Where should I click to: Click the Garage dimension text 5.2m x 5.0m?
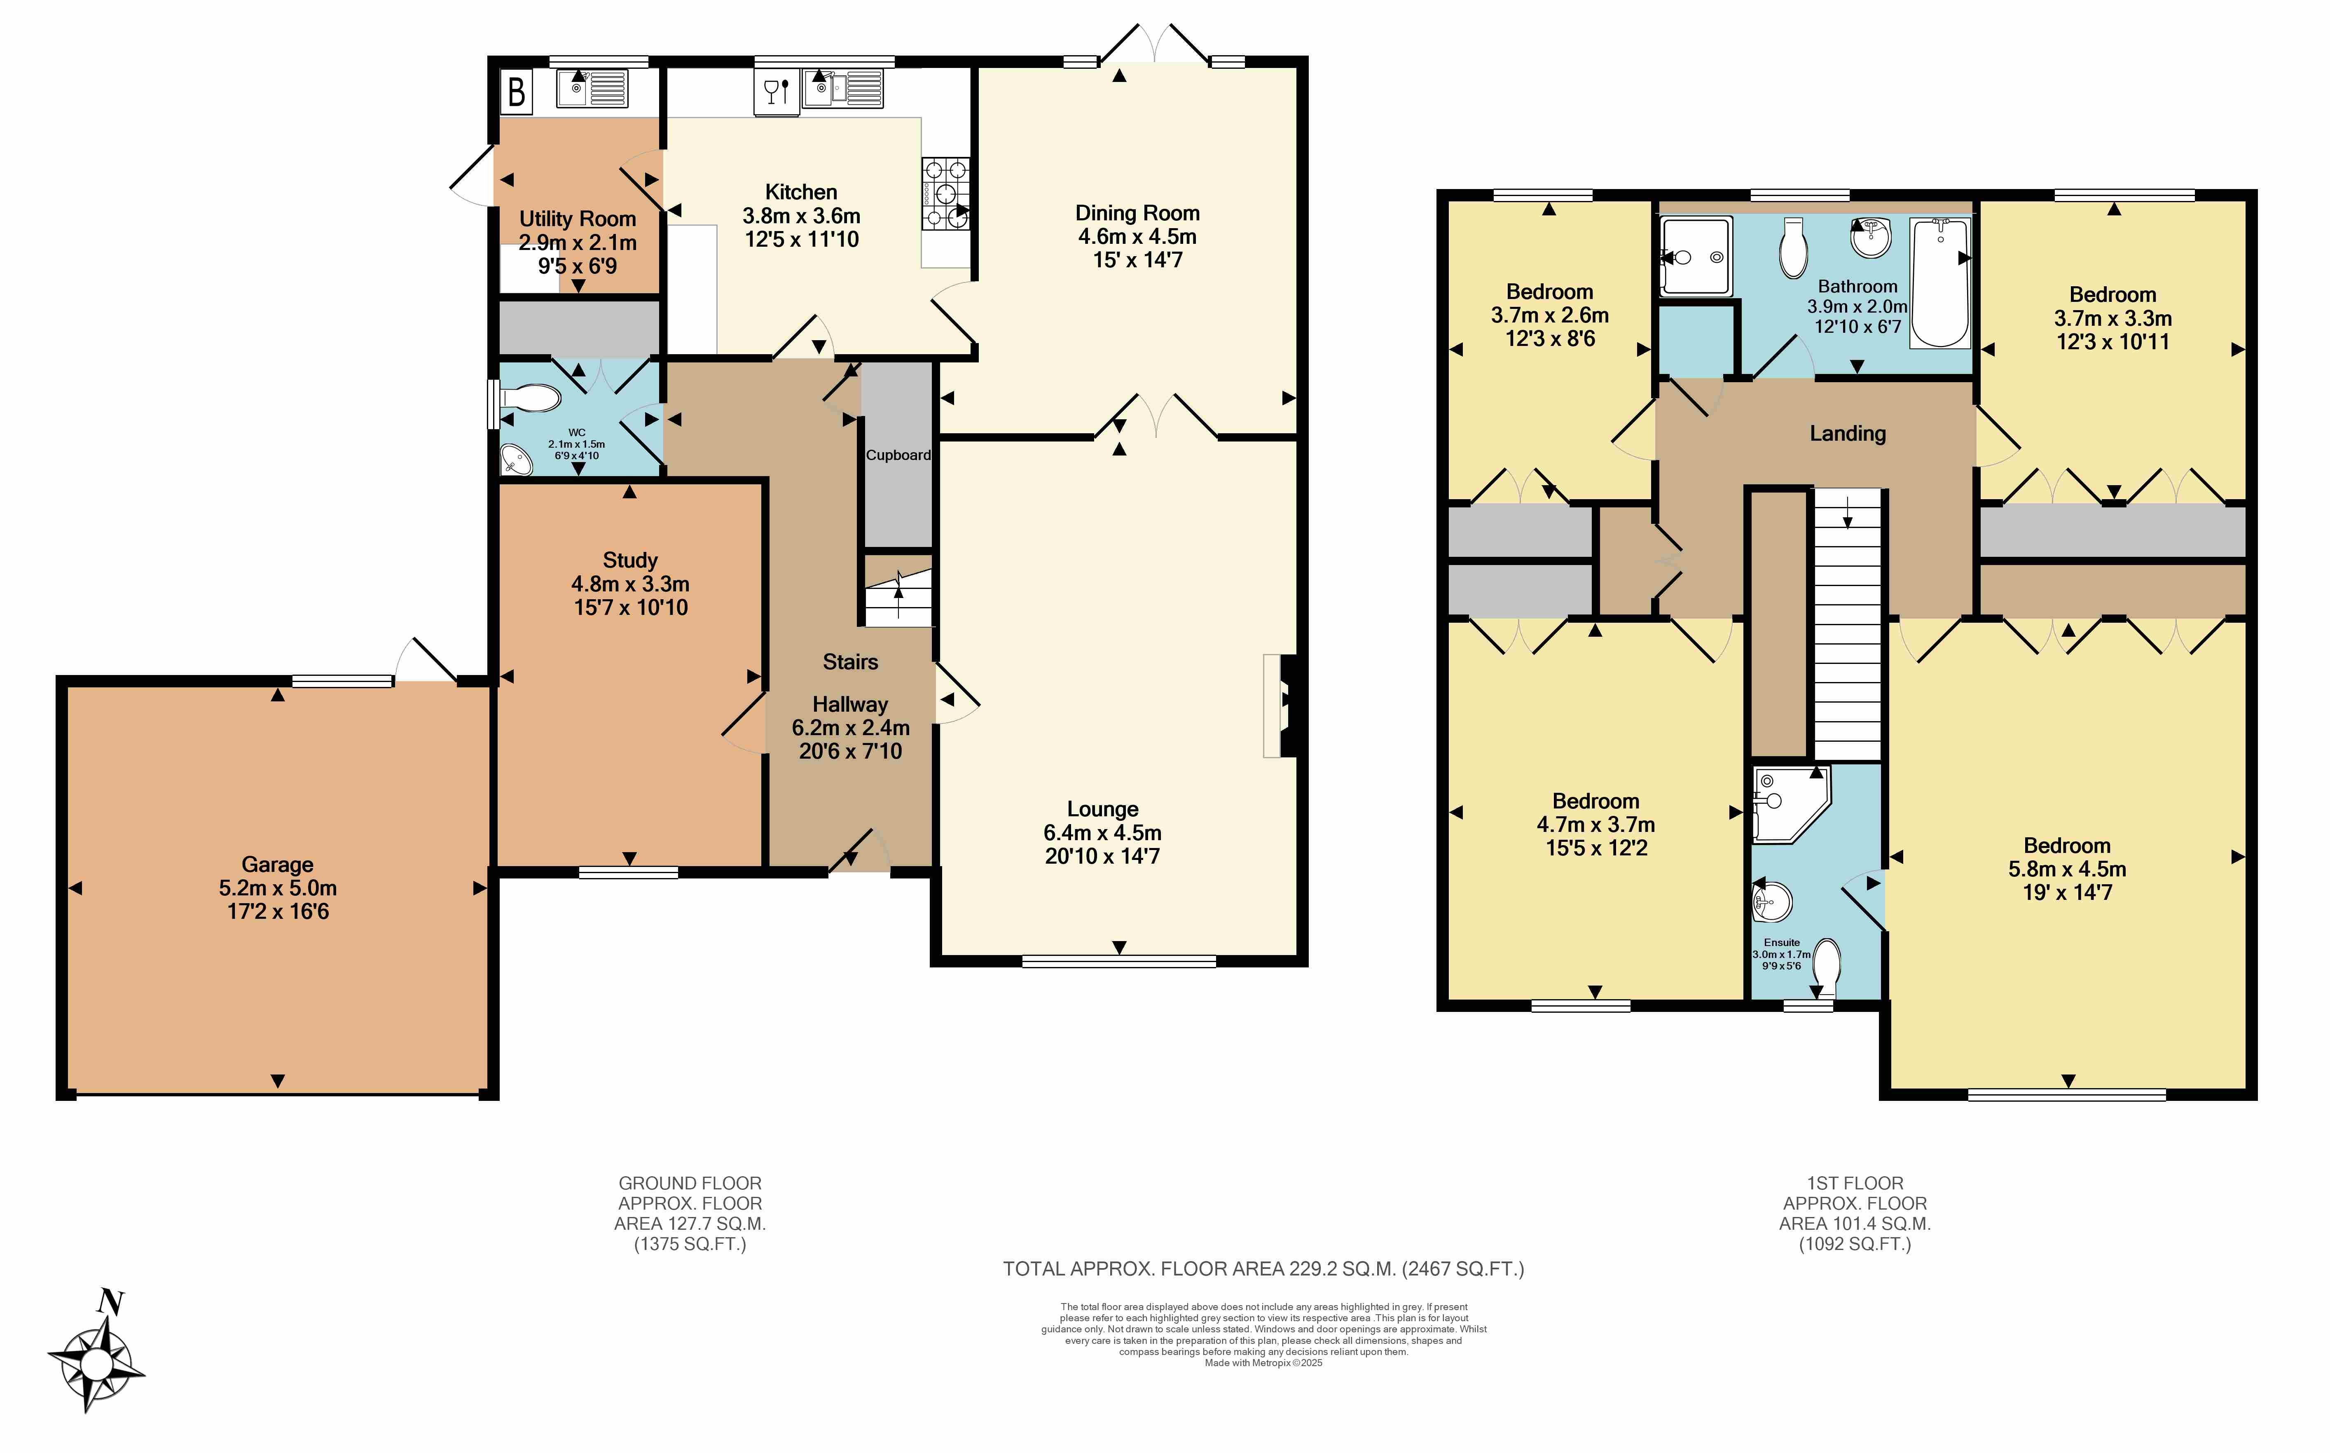[278, 888]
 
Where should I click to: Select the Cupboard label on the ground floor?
[898, 456]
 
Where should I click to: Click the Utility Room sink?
[593, 89]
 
